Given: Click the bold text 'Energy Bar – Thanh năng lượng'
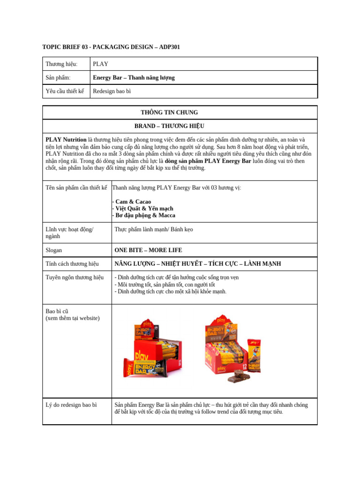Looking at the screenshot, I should point(134,77).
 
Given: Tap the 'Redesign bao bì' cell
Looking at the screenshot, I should point(112,91).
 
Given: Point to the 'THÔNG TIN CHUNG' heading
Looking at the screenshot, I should point(169,112).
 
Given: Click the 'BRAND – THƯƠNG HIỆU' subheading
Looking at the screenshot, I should point(169,126).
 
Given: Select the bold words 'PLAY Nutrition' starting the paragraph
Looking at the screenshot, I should point(66,140).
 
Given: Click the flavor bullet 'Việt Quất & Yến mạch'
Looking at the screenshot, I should point(144,208).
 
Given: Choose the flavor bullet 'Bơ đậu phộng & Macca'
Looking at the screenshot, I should point(145,215).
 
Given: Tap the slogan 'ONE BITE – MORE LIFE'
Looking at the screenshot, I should point(148,250).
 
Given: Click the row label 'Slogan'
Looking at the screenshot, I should point(53,250).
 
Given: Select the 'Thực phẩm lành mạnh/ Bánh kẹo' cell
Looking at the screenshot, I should point(153,229).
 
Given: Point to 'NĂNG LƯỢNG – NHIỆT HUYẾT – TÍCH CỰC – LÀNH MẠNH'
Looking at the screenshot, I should point(197,264).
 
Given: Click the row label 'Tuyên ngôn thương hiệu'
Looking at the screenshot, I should point(74,277).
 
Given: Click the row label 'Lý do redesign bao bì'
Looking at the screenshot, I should point(71,405).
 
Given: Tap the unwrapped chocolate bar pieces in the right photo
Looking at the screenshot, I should point(239,377).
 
